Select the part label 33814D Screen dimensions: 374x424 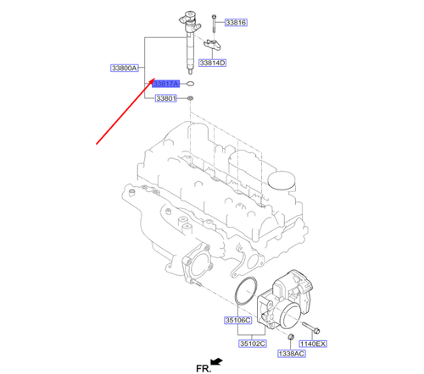[211, 63]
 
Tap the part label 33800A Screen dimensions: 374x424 [124, 68]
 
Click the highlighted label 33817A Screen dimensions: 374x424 [165, 84]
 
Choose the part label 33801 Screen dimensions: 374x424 [165, 99]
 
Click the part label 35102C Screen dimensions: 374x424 [251, 344]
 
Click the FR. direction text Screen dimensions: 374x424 [204, 366]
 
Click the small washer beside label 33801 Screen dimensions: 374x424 [189, 100]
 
